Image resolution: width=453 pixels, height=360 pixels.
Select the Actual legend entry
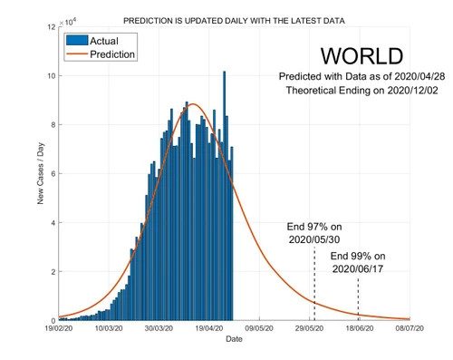click(99, 41)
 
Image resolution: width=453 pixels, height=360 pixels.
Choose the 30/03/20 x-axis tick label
click(159, 329)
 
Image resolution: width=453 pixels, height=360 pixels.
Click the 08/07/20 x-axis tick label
click(411, 329)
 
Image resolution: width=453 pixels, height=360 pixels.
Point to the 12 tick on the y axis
click(50, 27)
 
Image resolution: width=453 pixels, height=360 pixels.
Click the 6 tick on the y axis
click(53, 173)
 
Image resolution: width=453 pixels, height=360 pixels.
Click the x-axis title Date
click(234, 339)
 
